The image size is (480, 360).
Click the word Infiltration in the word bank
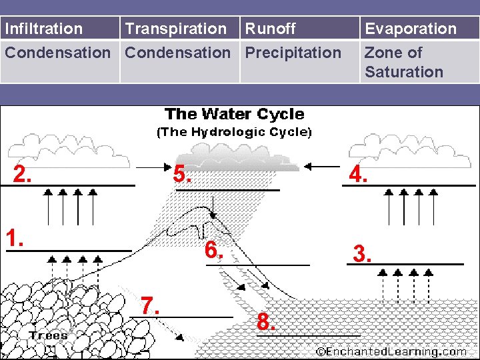[x=44, y=29]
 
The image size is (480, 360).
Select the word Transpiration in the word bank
[x=176, y=29]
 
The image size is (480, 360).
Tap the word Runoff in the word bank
[x=270, y=29]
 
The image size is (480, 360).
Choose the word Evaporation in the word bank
[x=410, y=29]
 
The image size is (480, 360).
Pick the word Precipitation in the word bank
[x=293, y=52]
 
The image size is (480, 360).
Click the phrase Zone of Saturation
[x=403, y=62]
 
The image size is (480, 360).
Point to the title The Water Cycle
[x=234, y=115]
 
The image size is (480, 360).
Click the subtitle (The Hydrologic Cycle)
[x=234, y=132]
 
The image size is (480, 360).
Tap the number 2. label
[x=23, y=175]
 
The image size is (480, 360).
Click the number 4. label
[x=359, y=175]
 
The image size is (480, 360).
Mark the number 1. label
[x=15, y=238]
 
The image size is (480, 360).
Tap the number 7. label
[x=151, y=305]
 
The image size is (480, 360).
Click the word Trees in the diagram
[x=48, y=335]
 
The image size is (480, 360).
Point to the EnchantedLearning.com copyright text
[x=391, y=351]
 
